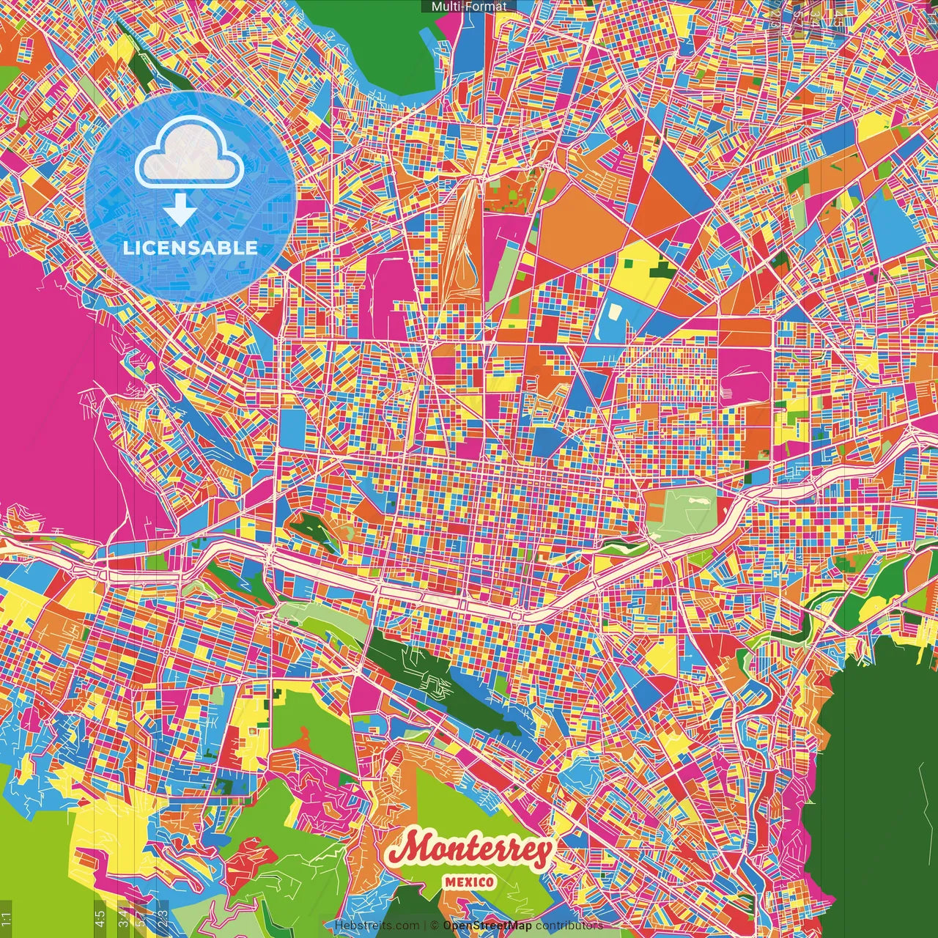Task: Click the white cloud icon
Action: [190, 155]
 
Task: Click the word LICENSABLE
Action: [190, 248]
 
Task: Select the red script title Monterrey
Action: [470, 849]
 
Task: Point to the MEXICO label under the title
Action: [469, 882]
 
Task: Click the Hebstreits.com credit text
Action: [377, 926]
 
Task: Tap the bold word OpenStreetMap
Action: [487, 926]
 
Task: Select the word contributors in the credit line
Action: [569, 926]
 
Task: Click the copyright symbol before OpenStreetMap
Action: [434, 926]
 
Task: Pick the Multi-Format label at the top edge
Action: [469, 6]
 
